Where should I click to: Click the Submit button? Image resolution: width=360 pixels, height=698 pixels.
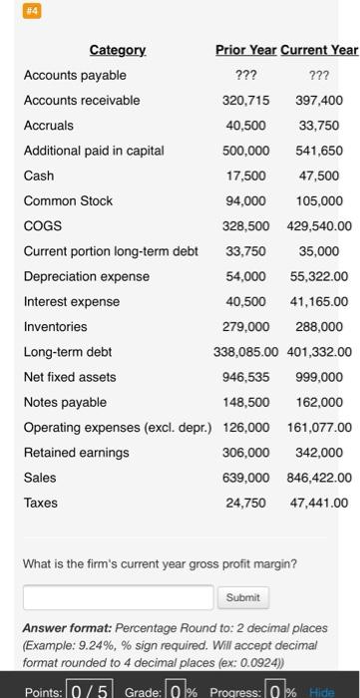pyautogui.click(x=242, y=597)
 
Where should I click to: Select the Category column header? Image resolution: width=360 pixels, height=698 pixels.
pyautogui.click(x=118, y=50)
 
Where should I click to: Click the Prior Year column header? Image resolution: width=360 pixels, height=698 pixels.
pyautogui.click(x=245, y=50)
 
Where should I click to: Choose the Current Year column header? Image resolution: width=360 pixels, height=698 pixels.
pyautogui.click(x=319, y=50)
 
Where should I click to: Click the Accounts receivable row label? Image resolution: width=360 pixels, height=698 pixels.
pyautogui.click(x=82, y=100)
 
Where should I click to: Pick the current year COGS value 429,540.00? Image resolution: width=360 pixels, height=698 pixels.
pyautogui.click(x=317, y=226)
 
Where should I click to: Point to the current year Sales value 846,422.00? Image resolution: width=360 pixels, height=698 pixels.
pyautogui.click(x=317, y=478)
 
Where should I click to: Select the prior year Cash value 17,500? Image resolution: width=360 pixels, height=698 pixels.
pyautogui.click(x=245, y=175)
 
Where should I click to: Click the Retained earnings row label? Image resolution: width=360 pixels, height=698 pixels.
pyautogui.click(x=77, y=453)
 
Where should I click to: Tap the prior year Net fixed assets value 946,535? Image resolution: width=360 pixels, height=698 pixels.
pyautogui.click(x=245, y=377)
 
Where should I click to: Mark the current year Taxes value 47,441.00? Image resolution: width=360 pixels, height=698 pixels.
pyautogui.click(x=319, y=504)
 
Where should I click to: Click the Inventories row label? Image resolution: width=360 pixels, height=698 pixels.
pyautogui.click(x=56, y=327)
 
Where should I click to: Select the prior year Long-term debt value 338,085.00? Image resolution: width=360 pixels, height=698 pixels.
pyautogui.click(x=243, y=352)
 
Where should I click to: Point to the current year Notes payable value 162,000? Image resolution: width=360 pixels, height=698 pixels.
pyautogui.click(x=319, y=403)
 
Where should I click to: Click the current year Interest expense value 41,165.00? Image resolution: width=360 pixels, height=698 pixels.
pyautogui.click(x=319, y=301)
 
